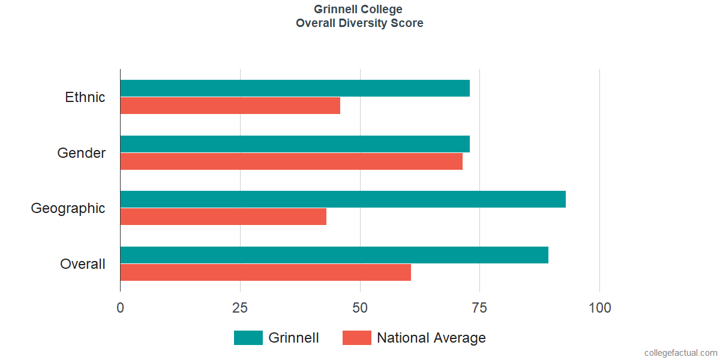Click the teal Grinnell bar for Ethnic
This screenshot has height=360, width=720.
click(295, 88)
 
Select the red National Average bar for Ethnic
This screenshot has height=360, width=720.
click(230, 106)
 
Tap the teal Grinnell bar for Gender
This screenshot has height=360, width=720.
click(295, 143)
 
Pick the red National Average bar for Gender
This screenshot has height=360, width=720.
click(292, 161)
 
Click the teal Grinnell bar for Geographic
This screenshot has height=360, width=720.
click(343, 199)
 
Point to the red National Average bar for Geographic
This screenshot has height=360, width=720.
click(223, 217)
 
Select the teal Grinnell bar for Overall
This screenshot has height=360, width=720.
click(334, 255)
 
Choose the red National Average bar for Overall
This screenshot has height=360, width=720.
click(265, 272)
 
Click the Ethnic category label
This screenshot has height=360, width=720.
click(85, 97)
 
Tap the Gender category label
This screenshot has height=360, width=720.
click(82, 152)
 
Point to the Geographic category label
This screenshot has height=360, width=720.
click(68, 208)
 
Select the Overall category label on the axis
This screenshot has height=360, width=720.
click(83, 264)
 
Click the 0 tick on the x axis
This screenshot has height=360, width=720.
click(120, 308)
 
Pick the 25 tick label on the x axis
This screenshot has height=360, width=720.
click(240, 308)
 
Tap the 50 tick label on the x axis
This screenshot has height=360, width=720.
click(359, 308)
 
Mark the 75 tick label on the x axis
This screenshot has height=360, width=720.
click(479, 308)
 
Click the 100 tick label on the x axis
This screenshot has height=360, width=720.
click(599, 308)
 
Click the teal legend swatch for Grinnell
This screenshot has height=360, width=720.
click(248, 337)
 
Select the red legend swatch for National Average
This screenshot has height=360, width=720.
click(357, 337)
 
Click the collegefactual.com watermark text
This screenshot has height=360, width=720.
click(681, 353)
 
